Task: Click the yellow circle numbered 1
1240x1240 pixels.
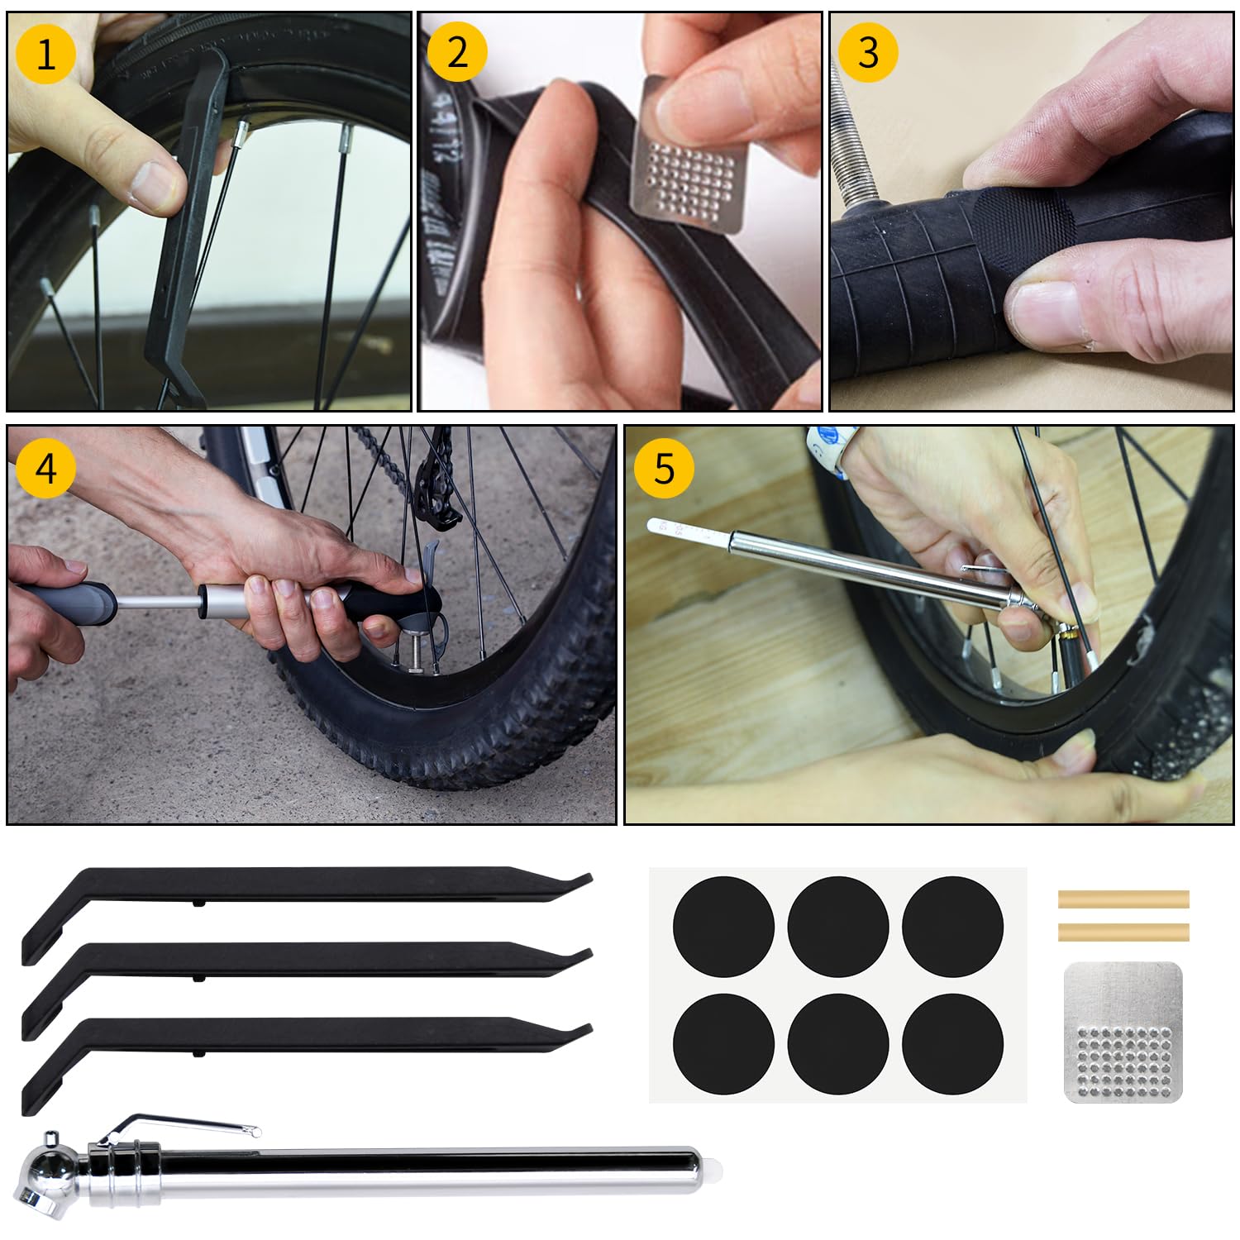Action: click(45, 55)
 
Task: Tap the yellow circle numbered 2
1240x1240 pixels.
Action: click(457, 52)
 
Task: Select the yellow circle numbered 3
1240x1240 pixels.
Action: click(867, 52)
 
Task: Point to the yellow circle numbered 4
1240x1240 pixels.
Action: click(45, 468)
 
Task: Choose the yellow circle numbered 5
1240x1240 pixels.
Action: click(664, 468)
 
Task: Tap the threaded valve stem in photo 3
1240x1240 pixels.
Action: click(851, 141)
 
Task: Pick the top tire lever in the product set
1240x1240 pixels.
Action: click(306, 885)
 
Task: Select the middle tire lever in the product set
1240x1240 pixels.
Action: click(306, 960)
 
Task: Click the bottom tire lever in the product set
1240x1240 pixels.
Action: click(306, 1035)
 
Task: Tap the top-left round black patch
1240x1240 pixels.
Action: click(723, 927)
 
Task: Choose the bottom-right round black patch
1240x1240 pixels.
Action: click(952, 1043)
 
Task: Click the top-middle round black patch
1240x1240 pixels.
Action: click(837, 927)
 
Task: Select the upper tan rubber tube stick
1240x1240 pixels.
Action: click(1123, 899)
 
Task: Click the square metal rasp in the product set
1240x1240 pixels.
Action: click(1123, 1032)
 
